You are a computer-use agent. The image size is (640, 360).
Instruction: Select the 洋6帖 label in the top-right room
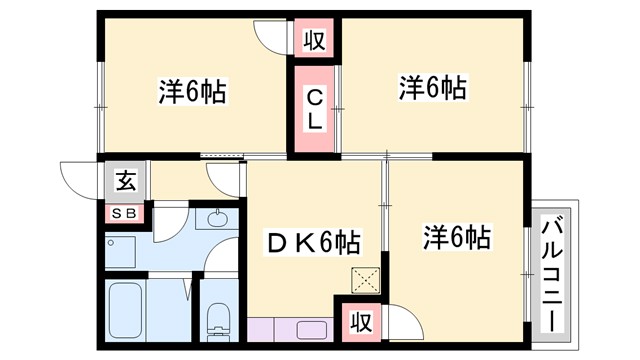click(x=434, y=89)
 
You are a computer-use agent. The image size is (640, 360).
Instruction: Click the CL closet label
click(x=314, y=110)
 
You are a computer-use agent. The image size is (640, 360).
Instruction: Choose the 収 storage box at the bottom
click(x=359, y=322)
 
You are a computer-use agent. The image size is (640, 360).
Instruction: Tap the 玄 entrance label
click(x=126, y=181)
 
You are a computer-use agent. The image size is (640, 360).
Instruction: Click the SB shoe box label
click(x=126, y=212)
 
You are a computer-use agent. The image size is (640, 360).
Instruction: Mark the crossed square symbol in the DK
click(x=360, y=280)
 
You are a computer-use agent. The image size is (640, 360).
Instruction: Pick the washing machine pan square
click(x=126, y=251)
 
